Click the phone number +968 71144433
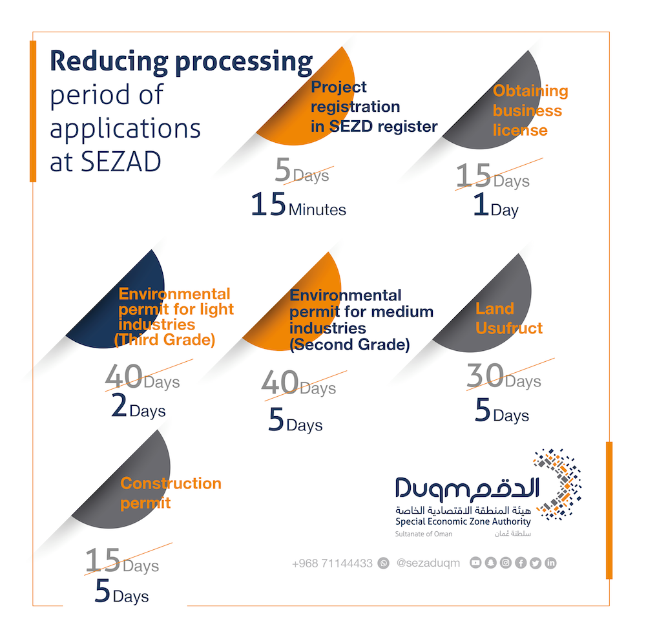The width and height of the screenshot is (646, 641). click(x=332, y=563)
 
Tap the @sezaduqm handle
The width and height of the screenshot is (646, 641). click(x=428, y=563)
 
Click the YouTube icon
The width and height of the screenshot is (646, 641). click(x=475, y=563)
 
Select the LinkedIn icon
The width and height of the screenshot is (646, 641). click(x=550, y=563)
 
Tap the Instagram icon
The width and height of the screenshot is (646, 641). click(x=506, y=563)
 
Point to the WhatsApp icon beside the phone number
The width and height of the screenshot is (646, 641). click(x=384, y=563)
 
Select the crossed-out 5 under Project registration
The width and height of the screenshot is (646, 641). click(x=282, y=171)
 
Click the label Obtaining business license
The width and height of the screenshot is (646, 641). click(x=530, y=110)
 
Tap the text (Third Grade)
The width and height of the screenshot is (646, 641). click(x=164, y=340)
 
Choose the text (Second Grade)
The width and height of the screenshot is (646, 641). click(x=349, y=345)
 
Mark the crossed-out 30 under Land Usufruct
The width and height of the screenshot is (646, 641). click(x=485, y=377)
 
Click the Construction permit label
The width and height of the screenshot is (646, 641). click(x=171, y=492)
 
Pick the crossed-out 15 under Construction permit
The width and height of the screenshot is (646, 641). click(x=103, y=561)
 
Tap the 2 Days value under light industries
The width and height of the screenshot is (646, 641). click(x=138, y=408)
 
